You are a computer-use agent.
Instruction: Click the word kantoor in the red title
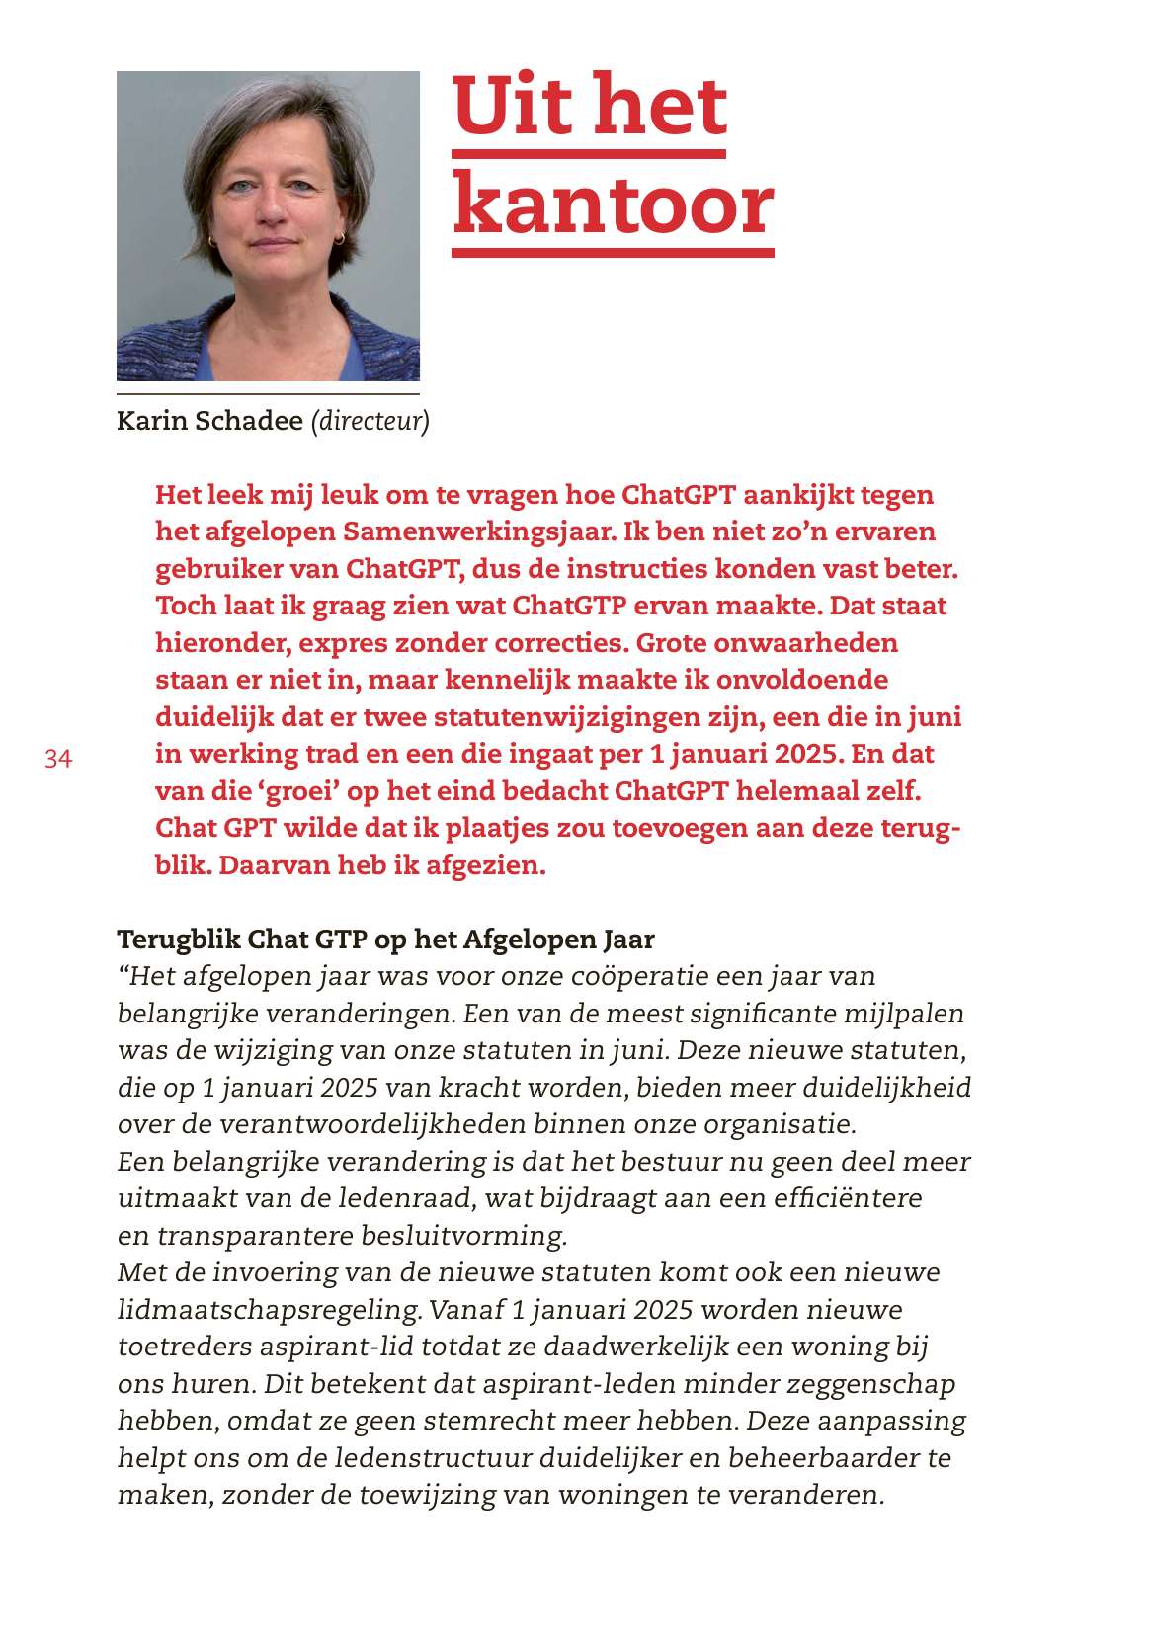click(613, 205)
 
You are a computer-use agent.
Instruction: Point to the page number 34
click(58, 759)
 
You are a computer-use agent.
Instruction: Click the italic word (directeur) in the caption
click(370, 421)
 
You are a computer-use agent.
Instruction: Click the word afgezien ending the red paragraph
click(484, 865)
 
